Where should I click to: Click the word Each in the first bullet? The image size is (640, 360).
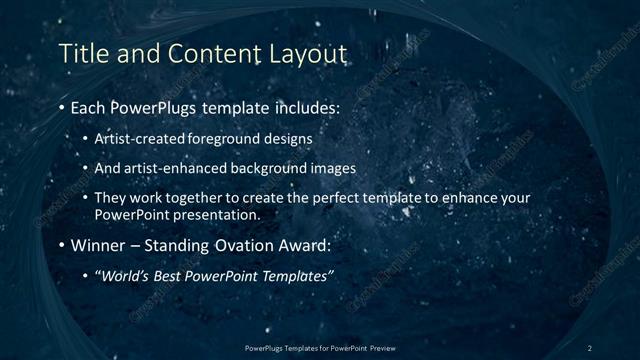(x=91, y=106)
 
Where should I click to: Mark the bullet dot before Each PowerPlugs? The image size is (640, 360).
(x=63, y=107)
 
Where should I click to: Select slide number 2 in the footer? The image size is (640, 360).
(x=589, y=347)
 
